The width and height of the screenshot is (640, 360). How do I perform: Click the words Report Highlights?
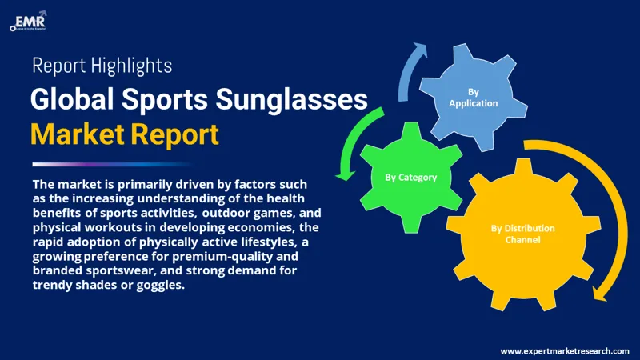pyautogui.click(x=102, y=66)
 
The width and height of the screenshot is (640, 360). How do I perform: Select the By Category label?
pyautogui.click(x=411, y=177)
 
